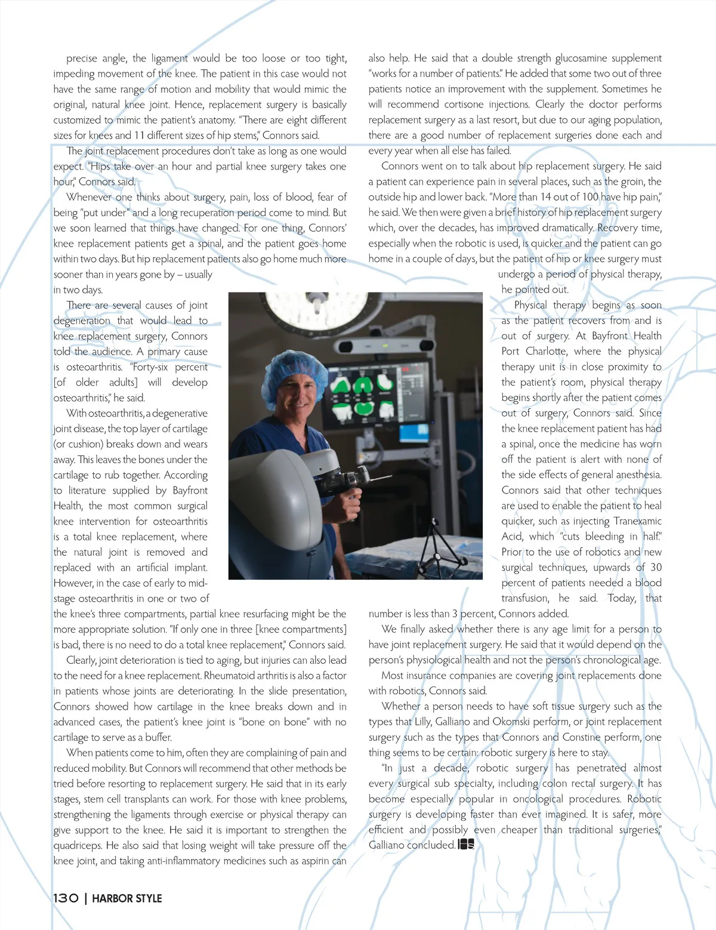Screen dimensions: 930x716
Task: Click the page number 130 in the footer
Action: coord(66,898)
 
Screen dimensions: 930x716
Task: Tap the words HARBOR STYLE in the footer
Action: coord(127,898)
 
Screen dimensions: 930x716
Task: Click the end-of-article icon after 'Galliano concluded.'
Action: coord(466,845)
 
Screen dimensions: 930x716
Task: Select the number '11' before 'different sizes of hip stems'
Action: coord(139,135)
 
